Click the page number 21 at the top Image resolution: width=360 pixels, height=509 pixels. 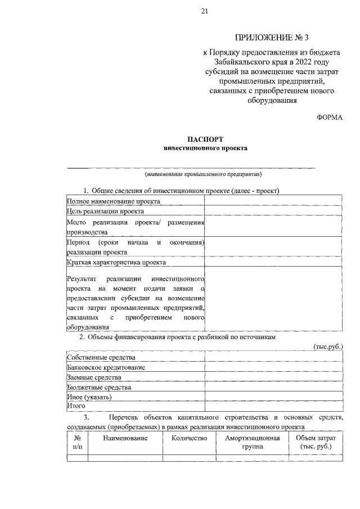pos(204,12)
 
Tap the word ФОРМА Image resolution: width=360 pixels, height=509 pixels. pos(330,116)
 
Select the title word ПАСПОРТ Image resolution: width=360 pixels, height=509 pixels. pos(205,138)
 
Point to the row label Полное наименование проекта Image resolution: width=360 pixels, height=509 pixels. pos(114,201)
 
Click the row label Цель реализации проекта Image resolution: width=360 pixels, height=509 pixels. pos(106,211)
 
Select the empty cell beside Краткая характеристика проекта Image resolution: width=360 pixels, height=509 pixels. pos(273,262)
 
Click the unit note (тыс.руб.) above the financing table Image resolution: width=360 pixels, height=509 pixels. pos(327,346)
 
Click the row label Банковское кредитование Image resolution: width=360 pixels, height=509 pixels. pos(106,367)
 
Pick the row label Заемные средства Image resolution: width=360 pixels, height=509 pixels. pos(94,377)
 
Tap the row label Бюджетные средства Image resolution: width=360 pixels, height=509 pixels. pos(99,387)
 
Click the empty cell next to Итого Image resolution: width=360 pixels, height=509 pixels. pos(273,406)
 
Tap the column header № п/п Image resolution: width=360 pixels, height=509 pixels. pos(77,443)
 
